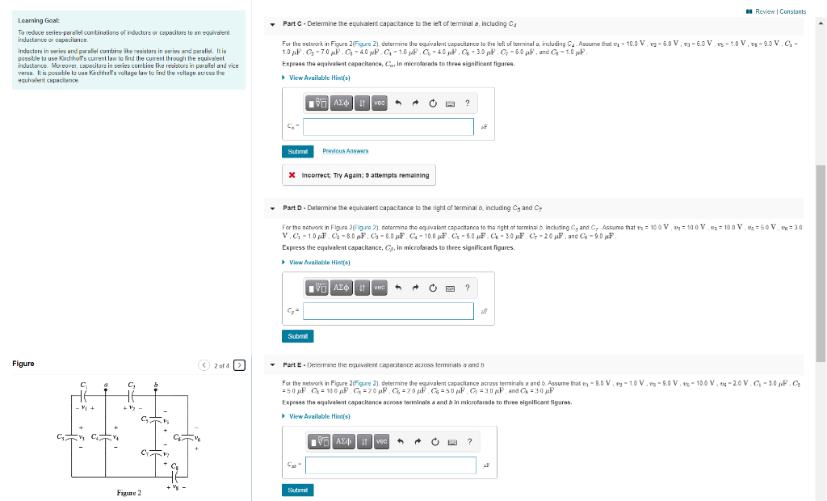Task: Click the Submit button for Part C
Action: (x=296, y=151)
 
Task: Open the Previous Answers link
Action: (x=345, y=151)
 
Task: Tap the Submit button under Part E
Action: (x=296, y=490)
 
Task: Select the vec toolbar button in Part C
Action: (x=379, y=103)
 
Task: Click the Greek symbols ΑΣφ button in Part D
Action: (x=341, y=288)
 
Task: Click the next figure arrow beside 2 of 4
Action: (x=239, y=365)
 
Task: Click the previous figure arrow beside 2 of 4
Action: (x=205, y=365)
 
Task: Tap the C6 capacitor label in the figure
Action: (x=177, y=437)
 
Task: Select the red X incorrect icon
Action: (x=293, y=175)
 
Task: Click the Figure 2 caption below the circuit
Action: (x=128, y=493)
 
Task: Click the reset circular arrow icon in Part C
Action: (x=433, y=103)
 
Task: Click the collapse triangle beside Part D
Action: (x=273, y=208)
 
